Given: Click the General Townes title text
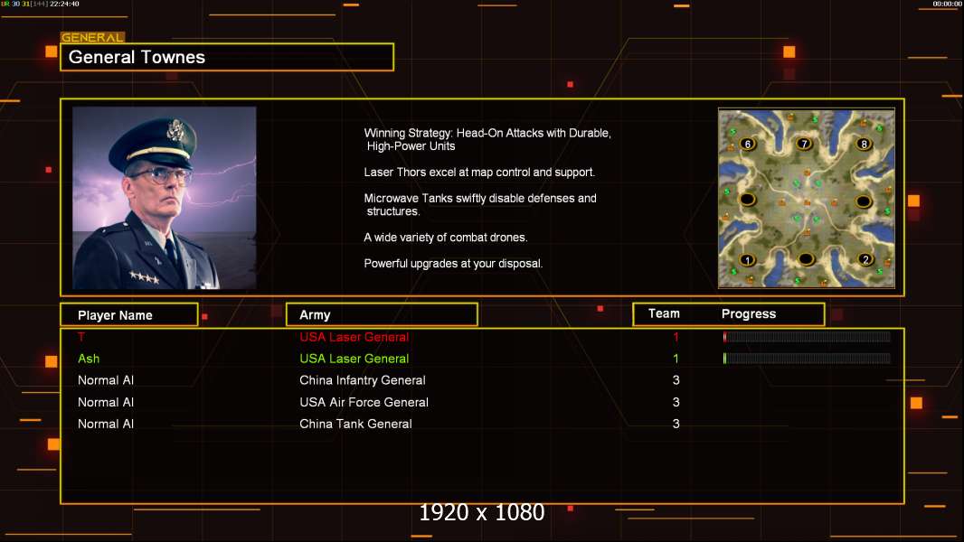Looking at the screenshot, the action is pos(137,57).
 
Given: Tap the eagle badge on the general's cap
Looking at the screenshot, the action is pos(175,130).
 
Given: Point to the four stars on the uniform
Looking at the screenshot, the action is pos(145,276).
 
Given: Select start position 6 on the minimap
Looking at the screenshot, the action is pos(748,145).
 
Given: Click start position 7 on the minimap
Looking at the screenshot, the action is pos(804,144).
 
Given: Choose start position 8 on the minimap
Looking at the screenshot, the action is pos(864,145).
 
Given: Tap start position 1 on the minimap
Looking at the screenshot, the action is pos(748,260).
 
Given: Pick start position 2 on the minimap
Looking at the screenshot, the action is pos(865,259).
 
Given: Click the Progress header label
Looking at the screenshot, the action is pos(748,313).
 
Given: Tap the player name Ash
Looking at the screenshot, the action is pos(89,359).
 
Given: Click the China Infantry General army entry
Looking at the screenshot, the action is pos(362,380).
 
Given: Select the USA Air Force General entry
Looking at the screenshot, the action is pos(364,402).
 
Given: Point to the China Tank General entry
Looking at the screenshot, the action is pos(355,424).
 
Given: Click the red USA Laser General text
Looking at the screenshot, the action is pos(354,337).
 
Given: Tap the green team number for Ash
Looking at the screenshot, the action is pos(676,359).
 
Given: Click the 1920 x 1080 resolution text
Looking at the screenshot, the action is pos(482,512).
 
